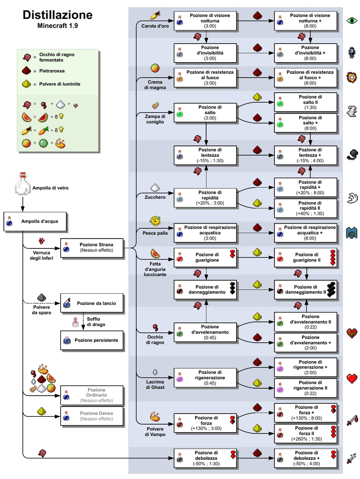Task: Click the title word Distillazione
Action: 58,15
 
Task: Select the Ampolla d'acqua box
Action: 35,221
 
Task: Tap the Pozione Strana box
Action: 92,248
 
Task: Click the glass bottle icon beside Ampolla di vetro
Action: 22,184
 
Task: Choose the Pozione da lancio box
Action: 92,303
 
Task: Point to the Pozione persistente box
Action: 92,341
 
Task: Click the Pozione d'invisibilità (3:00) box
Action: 205,53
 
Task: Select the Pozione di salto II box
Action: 305,102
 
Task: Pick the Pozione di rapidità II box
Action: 305,208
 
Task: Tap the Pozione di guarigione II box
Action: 305,258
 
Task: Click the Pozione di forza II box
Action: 305,434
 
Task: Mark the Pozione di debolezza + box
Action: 305,458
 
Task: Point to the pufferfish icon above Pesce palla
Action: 155,221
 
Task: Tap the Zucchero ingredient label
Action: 155,197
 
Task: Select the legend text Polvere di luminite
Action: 59,84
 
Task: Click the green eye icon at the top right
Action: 352,21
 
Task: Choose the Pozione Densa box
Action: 92,416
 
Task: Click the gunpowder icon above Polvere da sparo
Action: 42,298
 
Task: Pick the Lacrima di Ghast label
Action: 155,385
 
